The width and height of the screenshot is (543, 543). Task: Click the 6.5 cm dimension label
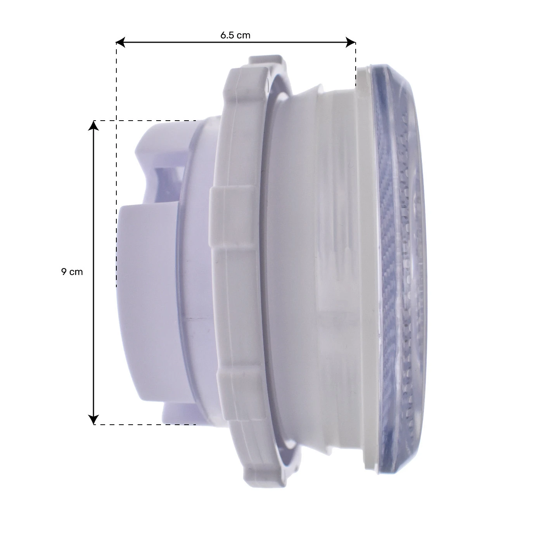(235, 35)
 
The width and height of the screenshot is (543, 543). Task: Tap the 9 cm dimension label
(72, 272)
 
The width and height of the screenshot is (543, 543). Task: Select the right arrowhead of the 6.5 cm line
(351, 43)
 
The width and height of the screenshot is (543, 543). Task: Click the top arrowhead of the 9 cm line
(93, 126)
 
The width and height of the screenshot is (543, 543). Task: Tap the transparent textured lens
(399, 248)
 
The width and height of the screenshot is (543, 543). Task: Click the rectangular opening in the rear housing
(167, 182)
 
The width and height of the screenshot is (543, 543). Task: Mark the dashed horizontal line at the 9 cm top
(155, 121)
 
